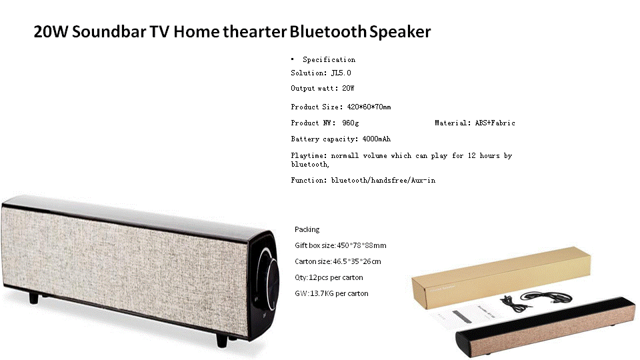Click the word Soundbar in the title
click(109, 31)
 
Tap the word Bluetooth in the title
click(328, 31)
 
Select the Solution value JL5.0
click(341, 73)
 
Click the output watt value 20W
click(348, 88)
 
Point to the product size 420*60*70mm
click(369, 107)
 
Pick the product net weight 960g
click(351, 123)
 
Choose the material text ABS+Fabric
click(495, 123)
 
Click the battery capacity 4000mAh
click(376, 139)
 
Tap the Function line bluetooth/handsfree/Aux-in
click(383, 181)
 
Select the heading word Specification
click(329, 59)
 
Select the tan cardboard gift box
click(501, 277)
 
